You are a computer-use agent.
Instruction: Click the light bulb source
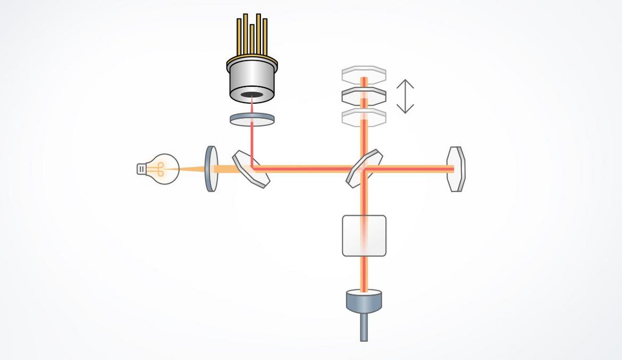point(163,169)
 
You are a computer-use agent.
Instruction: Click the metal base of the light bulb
point(141,169)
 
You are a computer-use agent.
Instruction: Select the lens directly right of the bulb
point(212,169)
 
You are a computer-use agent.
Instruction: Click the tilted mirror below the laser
point(251,169)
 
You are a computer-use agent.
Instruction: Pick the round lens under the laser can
point(252,119)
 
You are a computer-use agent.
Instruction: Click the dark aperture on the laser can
point(252,95)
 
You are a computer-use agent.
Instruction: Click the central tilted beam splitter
point(364,168)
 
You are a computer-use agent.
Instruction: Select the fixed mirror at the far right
point(456,169)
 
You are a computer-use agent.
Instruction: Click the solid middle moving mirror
point(364,96)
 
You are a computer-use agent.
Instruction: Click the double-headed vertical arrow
point(405,96)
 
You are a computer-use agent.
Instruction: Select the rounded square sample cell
point(364,236)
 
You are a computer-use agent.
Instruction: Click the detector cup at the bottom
point(364,300)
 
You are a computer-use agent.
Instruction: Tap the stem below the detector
point(364,328)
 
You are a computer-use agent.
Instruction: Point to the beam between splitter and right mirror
point(409,169)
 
